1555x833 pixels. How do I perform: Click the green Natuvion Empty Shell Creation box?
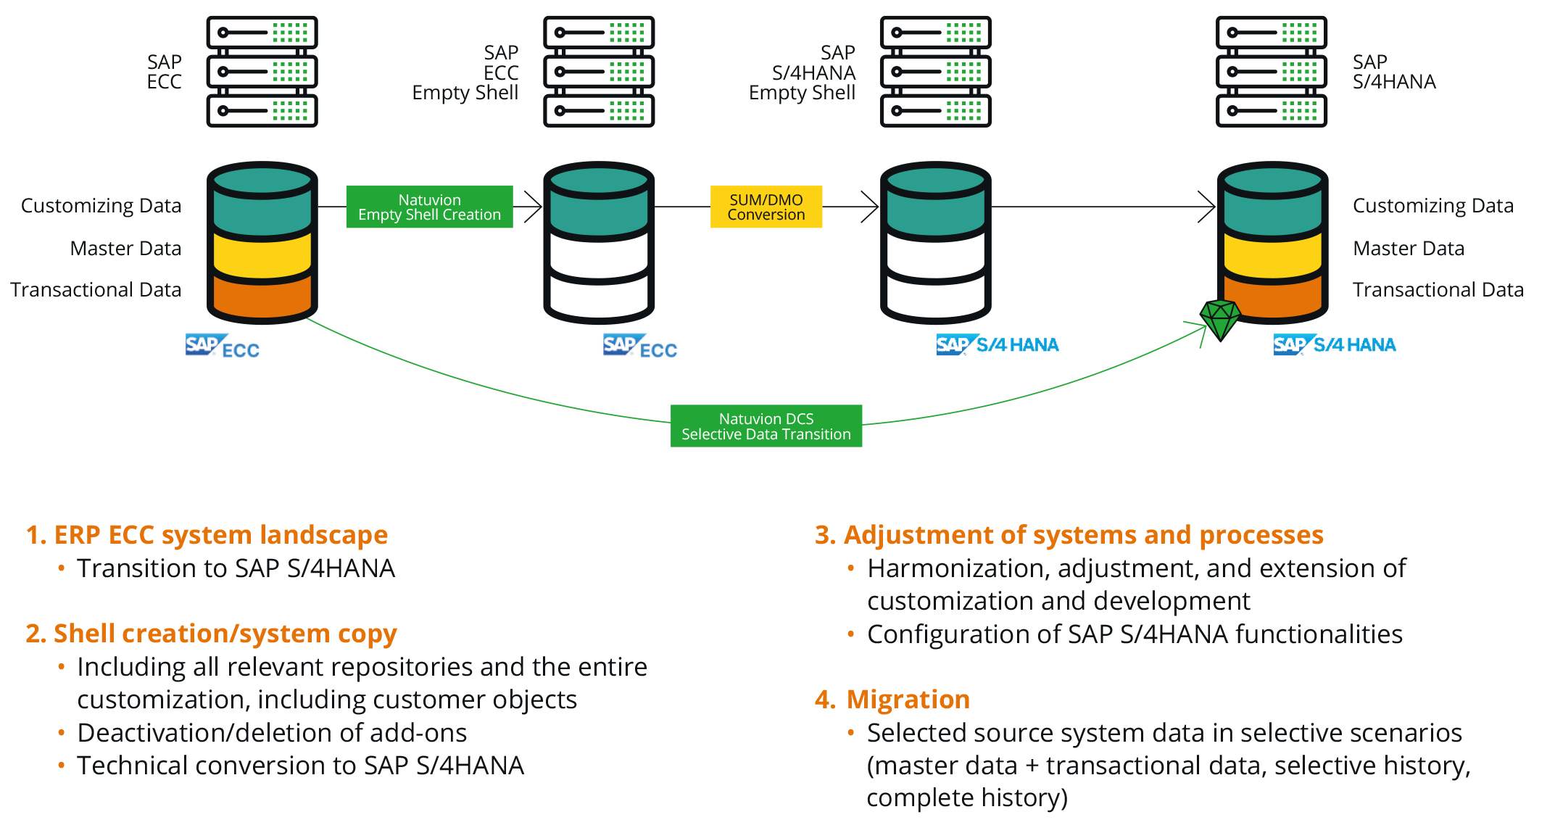(x=429, y=207)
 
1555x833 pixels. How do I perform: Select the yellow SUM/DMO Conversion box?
(x=766, y=207)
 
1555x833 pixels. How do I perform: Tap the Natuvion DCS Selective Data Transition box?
(x=766, y=426)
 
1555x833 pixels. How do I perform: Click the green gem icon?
(x=1220, y=319)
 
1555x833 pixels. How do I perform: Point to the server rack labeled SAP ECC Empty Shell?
(x=599, y=72)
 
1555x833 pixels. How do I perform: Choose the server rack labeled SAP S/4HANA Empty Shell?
(x=935, y=72)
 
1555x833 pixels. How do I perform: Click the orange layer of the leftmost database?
(x=262, y=297)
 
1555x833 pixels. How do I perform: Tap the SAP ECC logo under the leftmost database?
(x=222, y=347)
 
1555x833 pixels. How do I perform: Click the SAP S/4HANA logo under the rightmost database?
(x=1334, y=344)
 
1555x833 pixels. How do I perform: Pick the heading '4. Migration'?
(x=892, y=700)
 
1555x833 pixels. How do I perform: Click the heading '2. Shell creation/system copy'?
(x=211, y=634)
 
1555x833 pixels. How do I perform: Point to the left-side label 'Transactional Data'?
(x=96, y=290)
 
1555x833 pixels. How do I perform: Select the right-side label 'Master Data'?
(x=1408, y=249)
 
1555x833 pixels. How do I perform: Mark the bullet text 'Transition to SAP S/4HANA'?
(x=236, y=568)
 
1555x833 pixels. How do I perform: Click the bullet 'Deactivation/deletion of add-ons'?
(x=272, y=733)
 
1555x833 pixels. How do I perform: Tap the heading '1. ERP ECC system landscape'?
(x=207, y=535)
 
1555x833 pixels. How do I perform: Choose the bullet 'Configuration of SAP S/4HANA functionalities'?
(x=1135, y=634)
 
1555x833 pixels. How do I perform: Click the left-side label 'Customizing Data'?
(x=101, y=206)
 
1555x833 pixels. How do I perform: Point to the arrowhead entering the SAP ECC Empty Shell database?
(x=534, y=207)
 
